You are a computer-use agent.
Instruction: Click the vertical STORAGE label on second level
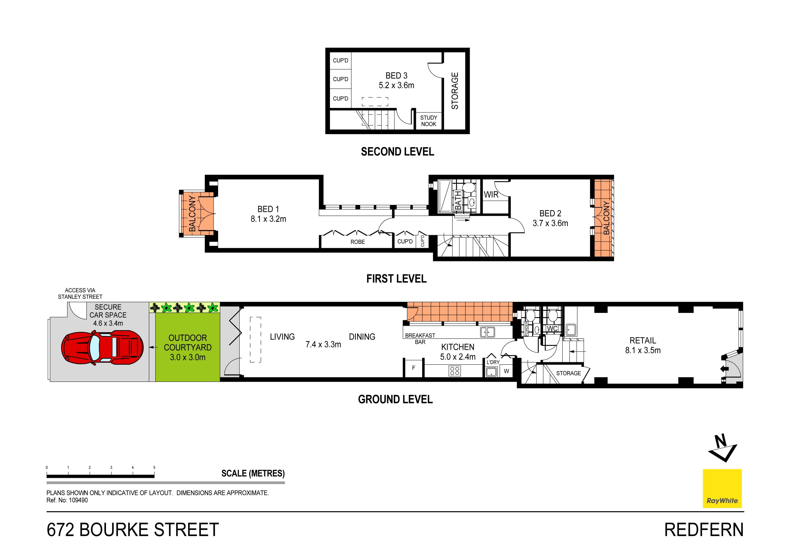pyautogui.click(x=455, y=91)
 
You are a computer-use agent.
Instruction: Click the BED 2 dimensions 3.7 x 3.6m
pyautogui.click(x=550, y=223)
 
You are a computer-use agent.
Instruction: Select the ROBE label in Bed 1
pyautogui.click(x=358, y=242)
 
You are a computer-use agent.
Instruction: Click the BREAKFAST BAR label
pyautogui.click(x=420, y=338)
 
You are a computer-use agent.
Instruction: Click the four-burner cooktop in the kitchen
pyautogui.click(x=455, y=371)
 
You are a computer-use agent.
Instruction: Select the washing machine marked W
pyautogui.click(x=506, y=371)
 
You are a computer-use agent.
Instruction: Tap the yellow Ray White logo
pyautogui.click(x=722, y=488)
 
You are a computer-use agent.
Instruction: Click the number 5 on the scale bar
pyautogui.click(x=154, y=468)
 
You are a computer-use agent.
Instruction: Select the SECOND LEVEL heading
pyautogui.click(x=397, y=152)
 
